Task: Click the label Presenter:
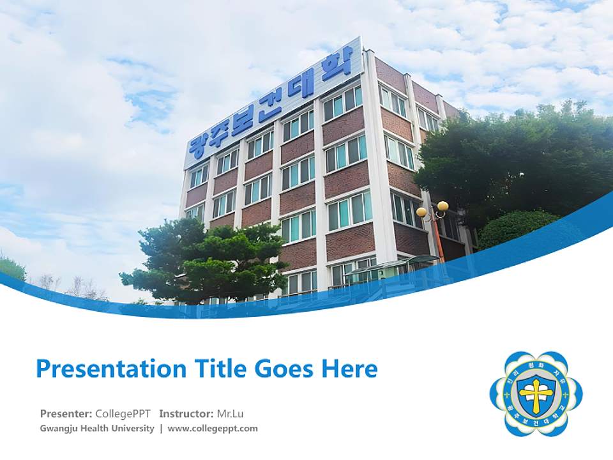[66, 413]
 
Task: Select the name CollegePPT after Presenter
[123, 413]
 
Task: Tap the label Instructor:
[186, 413]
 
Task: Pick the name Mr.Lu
[230, 413]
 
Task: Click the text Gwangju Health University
[97, 429]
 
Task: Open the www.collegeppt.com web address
[213, 429]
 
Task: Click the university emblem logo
[536, 394]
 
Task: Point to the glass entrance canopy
[393, 263]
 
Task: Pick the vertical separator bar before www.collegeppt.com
[161, 429]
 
